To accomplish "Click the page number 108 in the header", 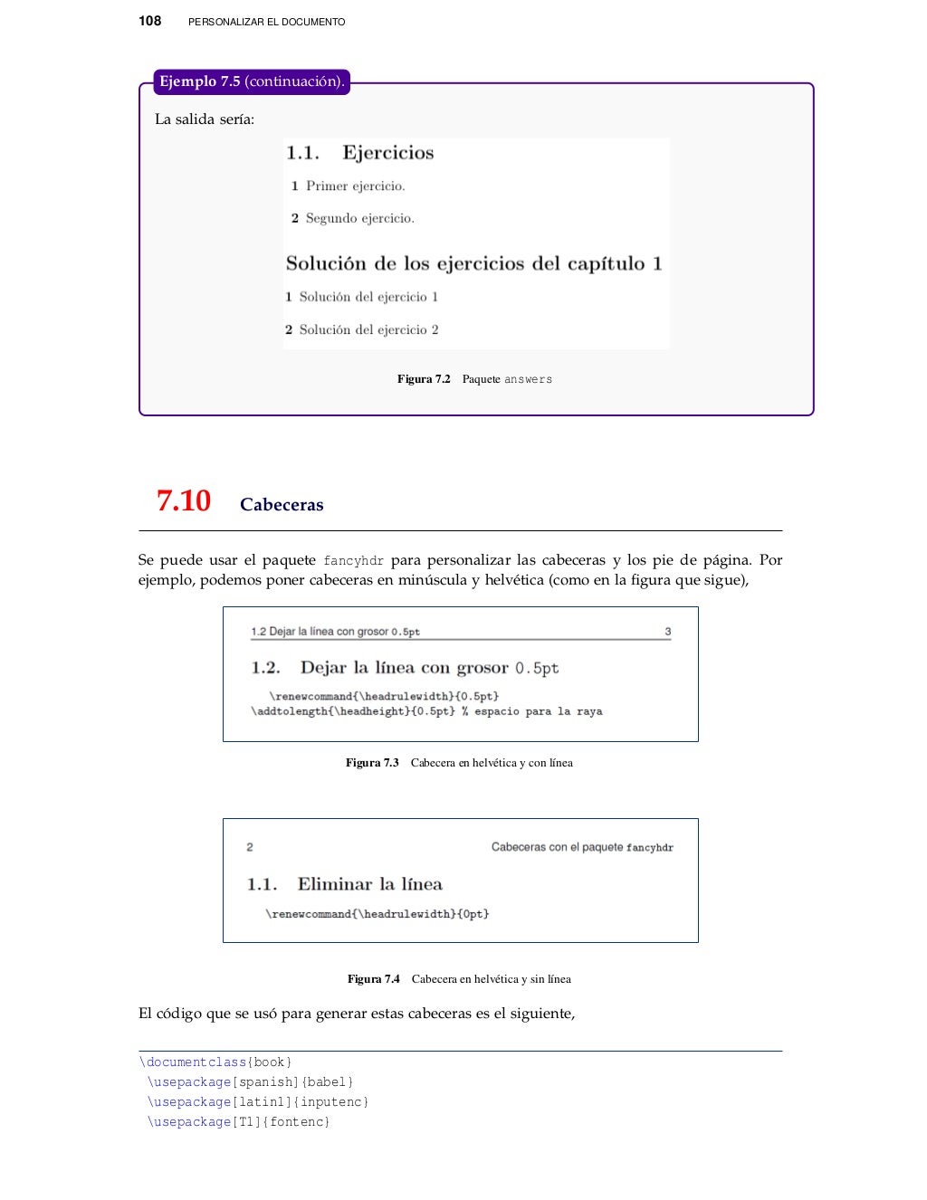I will point(150,21).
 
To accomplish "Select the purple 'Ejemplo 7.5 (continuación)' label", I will point(251,81).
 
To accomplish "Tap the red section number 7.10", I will point(184,500).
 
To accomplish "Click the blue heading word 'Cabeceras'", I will point(282,505).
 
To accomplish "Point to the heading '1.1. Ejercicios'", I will point(360,153).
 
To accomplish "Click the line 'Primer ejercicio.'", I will point(355,186).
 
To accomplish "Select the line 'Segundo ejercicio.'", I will point(359,218).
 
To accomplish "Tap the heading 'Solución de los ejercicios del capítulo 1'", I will point(474,263).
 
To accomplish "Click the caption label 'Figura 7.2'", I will point(424,379).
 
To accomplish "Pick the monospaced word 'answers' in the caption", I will point(528,380).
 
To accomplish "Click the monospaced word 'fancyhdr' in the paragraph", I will point(353,561).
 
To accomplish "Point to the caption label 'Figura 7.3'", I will point(372,763).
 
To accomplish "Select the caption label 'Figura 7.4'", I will point(374,979).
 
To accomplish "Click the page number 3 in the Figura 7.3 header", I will point(668,632).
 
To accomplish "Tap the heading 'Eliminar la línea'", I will point(369,884).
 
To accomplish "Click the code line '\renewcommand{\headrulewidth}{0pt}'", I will point(377,914).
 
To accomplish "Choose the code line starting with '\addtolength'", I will point(426,711).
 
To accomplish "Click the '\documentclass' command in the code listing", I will point(193,1062).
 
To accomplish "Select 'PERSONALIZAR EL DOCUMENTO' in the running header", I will point(266,22).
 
